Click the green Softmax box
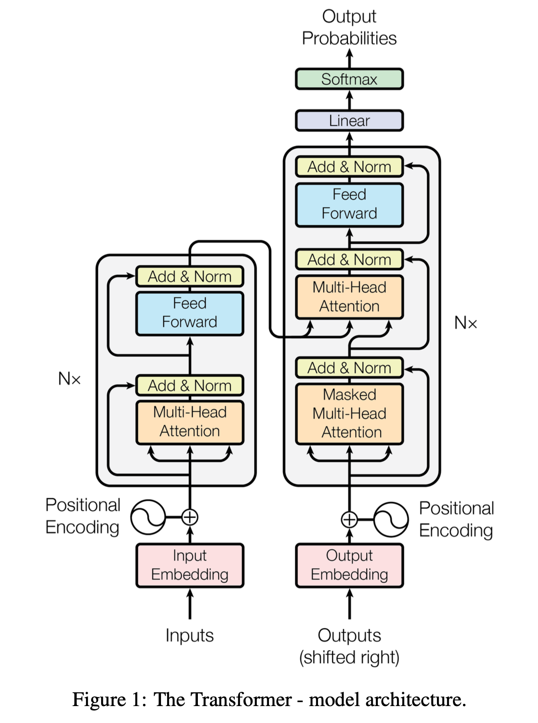pyautogui.click(x=349, y=79)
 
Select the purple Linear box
pyautogui.click(x=349, y=121)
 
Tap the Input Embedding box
pyautogui.click(x=190, y=565)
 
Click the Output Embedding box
pyautogui.click(x=349, y=565)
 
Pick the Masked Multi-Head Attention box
pyautogui.click(x=349, y=414)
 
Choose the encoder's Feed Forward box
pyautogui.click(x=190, y=313)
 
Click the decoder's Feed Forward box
pyautogui.click(x=349, y=204)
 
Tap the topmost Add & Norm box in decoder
pyautogui.click(x=349, y=167)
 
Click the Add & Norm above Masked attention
pyautogui.click(x=349, y=368)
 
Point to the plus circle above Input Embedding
pyautogui.click(x=190, y=517)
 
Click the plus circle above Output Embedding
pyautogui.click(x=349, y=519)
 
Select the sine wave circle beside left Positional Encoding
pyautogui.click(x=148, y=517)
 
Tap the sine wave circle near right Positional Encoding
pyautogui.click(x=390, y=519)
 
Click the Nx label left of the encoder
pyautogui.click(x=69, y=379)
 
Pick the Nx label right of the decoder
pyautogui.click(x=465, y=323)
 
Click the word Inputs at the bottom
pyautogui.click(x=190, y=635)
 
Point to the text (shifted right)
pyautogui.click(x=349, y=657)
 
